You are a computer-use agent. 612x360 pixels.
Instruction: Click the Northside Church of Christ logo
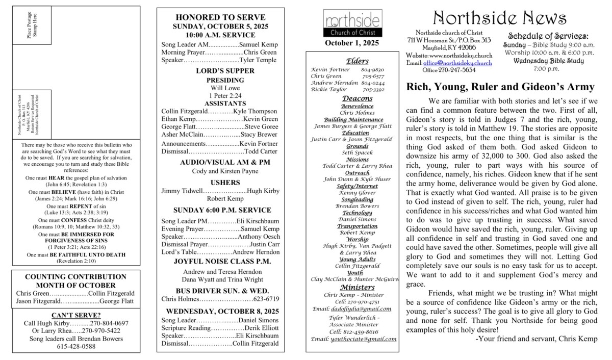pos(352,23)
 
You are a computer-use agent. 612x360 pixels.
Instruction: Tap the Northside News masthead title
pos(499,18)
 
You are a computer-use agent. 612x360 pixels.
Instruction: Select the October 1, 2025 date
pos(352,43)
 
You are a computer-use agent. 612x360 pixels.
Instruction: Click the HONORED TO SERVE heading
pos(220,17)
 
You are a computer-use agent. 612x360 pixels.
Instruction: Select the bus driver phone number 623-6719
pos(266,299)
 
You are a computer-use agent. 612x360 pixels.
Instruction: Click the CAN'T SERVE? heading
pos(76,315)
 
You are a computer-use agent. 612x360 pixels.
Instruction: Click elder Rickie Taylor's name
pos(329,89)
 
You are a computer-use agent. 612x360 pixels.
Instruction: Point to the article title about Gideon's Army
pos(500,87)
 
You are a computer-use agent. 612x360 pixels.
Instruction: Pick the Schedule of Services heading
pos(548,36)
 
